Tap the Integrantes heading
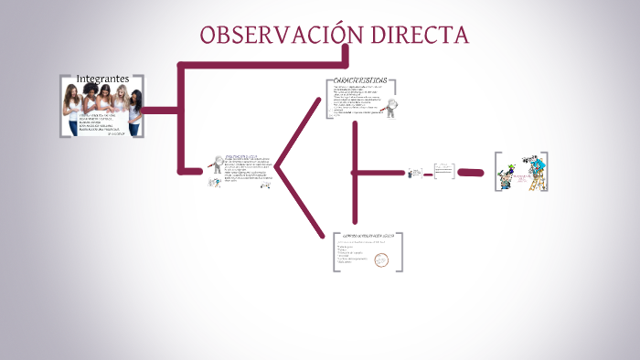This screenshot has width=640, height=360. (102, 79)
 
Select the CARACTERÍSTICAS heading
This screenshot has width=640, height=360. (360, 80)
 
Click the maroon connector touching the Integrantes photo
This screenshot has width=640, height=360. (162, 111)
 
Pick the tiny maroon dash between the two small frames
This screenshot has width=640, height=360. (427, 173)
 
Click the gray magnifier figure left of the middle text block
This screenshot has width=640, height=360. (217, 165)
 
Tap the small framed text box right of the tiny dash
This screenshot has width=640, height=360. (443, 171)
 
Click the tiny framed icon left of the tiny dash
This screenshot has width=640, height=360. (415, 173)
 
